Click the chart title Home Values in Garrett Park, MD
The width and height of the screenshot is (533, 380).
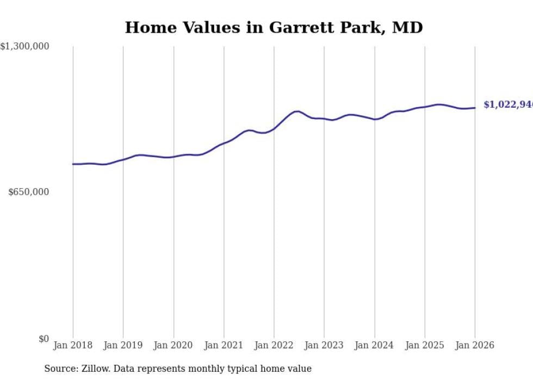pos(274,28)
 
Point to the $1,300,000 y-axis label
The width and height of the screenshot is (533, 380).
pos(25,47)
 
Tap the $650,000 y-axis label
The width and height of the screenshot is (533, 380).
pos(29,192)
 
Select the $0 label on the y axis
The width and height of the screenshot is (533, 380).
pos(44,339)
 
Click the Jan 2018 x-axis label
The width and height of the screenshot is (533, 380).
pos(73,345)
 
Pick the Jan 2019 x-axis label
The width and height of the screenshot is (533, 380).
pos(123,345)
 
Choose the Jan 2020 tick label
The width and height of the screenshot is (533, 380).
pos(173,345)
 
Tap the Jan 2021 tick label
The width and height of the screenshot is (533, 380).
pos(224,345)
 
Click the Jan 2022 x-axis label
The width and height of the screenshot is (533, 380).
pos(274,345)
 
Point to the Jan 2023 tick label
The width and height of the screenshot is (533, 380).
pos(324,345)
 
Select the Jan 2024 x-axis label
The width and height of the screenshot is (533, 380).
pos(374,345)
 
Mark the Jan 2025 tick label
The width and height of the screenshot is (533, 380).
pos(425,345)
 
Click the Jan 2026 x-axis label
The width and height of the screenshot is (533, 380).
pos(475,345)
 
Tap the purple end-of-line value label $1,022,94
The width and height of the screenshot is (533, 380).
pos(508,105)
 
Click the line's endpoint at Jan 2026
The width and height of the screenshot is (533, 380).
pos(475,108)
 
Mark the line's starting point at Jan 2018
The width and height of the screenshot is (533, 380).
pos(73,164)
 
